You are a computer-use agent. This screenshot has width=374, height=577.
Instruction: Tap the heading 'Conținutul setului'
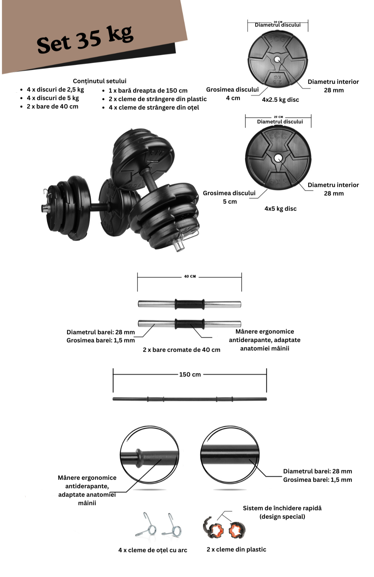coord(100,81)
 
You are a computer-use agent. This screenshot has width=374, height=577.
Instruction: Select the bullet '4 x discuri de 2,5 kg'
coord(55,89)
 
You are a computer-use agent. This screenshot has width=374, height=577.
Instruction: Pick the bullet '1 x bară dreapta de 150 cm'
coord(148,90)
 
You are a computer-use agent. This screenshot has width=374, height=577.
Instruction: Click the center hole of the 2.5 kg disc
coord(277,60)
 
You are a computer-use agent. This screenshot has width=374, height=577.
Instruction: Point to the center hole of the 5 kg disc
coord(278,158)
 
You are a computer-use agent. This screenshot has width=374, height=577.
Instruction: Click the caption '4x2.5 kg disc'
coord(280,99)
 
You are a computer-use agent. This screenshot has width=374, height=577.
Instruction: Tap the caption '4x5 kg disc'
coord(280,208)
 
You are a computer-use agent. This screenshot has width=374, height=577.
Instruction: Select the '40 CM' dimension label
coord(190,276)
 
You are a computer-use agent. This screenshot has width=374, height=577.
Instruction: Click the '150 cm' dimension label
coord(190,374)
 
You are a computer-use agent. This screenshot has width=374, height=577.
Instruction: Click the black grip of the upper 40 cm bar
coord(190,304)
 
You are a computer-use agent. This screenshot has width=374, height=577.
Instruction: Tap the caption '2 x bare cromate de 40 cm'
coord(181,350)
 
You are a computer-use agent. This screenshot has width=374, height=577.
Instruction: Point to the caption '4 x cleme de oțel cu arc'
coord(153,550)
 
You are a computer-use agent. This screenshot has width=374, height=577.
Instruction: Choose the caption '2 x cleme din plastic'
coord(236,549)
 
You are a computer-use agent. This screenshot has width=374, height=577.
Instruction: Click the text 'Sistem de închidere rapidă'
coord(282,508)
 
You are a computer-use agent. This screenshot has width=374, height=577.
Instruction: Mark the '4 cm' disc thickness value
coord(233,98)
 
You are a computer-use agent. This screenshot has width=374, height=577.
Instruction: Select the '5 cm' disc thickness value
coord(230,201)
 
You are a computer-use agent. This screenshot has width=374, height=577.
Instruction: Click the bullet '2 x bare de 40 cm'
coord(52,106)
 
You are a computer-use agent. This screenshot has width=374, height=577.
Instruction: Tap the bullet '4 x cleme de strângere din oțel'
coord(154,107)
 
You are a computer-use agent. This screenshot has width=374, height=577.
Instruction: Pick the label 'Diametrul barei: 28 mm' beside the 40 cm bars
coord(101,332)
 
